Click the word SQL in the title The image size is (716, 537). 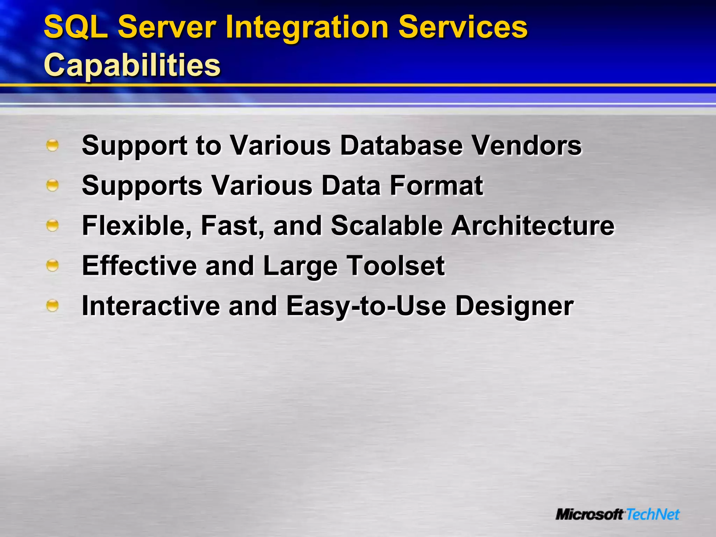coord(76,27)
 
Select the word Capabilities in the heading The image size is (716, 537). coord(132,65)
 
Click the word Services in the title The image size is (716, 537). coord(463,27)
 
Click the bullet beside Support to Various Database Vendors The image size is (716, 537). coord(52,145)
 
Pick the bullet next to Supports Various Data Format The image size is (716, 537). coord(52,185)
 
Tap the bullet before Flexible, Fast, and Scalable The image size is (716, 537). coord(52,225)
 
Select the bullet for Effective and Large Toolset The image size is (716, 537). coord(52,266)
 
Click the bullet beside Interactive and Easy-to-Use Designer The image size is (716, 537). coord(52,306)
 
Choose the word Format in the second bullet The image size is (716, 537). coord(436,186)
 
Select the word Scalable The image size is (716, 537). coord(387,226)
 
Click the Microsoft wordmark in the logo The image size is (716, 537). coord(589,514)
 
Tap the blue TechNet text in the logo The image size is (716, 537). coord(652,514)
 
